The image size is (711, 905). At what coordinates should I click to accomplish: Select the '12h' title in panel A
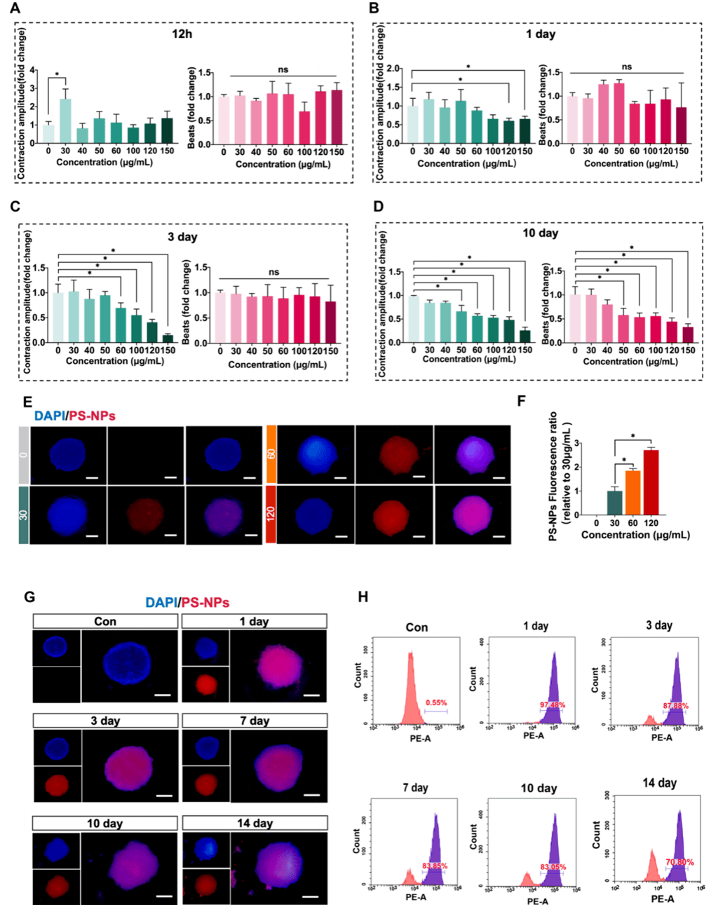click(x=182, y=34)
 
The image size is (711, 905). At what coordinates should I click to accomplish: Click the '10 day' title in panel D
click(x=540, y=233)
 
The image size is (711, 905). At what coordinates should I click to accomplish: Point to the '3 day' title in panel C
click(x=182, y=236)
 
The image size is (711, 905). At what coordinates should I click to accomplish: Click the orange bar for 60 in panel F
click(x=632, y=492)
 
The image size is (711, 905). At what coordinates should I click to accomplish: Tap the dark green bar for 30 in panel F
click(x=614, y=503)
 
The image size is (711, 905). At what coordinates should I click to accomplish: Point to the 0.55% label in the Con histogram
click(x=435, y=702)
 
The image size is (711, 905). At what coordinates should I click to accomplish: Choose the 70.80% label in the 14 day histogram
click(x=680, y=862)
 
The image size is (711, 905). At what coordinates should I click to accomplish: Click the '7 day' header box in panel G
click(x=254, y=721)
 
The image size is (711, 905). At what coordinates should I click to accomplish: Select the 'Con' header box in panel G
click(x=105, y=621)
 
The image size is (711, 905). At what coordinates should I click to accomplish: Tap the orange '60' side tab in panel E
click(x=271, y=454)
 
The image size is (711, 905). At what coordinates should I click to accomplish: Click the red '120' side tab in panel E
click(x=271, y=513)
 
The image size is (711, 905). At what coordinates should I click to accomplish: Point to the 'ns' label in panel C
click(x=273, y=272)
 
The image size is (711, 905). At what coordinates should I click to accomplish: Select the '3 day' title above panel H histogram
click(x=659, y=625)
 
